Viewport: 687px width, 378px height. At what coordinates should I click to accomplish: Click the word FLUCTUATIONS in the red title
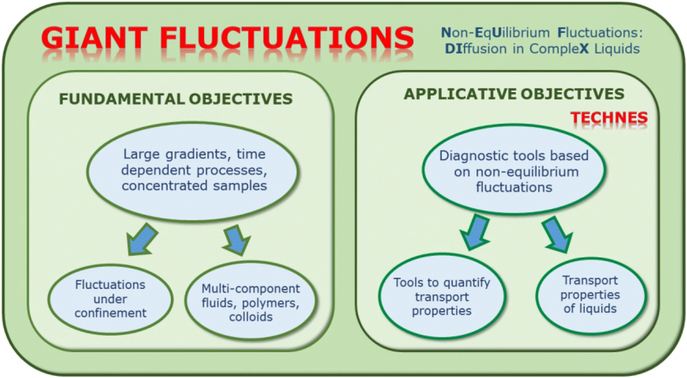287,38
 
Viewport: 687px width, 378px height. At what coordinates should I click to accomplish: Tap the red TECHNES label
609,118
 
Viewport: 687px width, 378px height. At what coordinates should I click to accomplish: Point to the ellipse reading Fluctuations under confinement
110,299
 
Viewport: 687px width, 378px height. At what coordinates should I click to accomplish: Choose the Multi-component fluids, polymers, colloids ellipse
251,300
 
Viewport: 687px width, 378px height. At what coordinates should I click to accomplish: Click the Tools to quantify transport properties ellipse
442,296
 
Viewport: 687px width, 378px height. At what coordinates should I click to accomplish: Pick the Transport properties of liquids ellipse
591,295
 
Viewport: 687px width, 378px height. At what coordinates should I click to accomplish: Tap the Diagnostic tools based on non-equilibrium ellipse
514,170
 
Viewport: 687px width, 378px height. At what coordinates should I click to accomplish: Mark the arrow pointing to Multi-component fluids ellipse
237,240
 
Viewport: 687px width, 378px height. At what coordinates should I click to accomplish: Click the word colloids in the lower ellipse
251,317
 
